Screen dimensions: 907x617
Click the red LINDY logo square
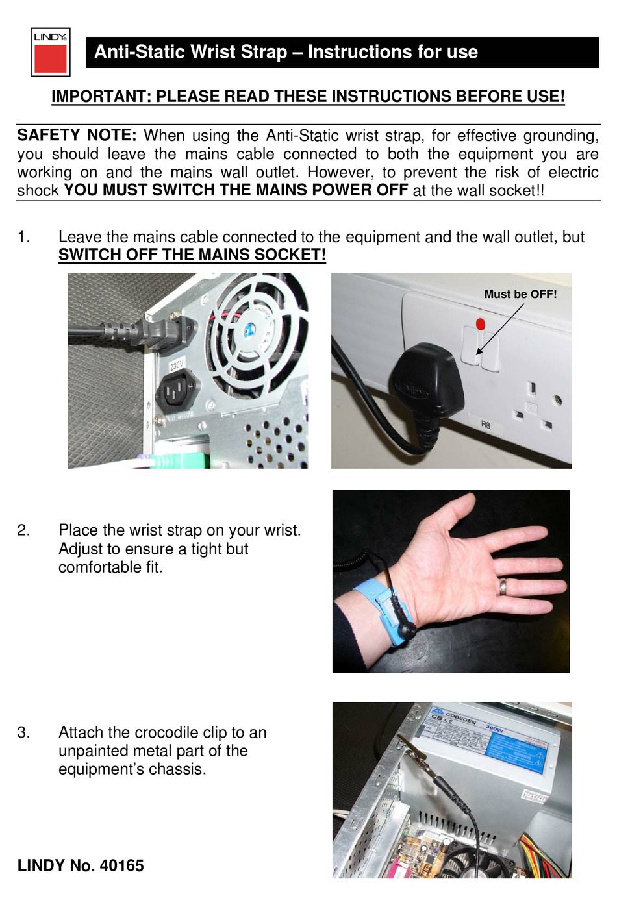pos(50,58)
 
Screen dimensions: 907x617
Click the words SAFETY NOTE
pos(76,136)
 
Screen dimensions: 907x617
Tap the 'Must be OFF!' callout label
pos(520,294)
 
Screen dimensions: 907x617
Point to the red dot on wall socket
pos(481,323)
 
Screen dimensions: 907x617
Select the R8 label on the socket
pos(485,425)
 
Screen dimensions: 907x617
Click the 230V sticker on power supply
pos(177,365)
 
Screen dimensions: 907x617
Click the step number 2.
pos(23,530)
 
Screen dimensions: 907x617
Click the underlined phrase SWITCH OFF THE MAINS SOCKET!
pos(192,255)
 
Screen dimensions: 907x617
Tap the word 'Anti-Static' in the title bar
pos(134,52)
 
